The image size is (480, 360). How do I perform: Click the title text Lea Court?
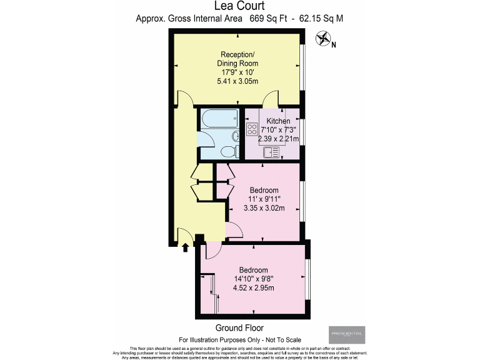[239, 6]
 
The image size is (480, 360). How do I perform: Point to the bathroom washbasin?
[235, 137]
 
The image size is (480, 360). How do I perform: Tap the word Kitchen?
[278, 121]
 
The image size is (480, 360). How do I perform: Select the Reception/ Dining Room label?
[237, 58]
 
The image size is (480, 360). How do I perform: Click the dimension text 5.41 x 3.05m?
[237, 81]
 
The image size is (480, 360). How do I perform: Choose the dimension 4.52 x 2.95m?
[254, 287]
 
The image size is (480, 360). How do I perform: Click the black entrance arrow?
[185, 247]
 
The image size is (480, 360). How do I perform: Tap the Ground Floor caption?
[239, 328]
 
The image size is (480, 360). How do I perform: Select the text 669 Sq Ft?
[271, 19]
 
